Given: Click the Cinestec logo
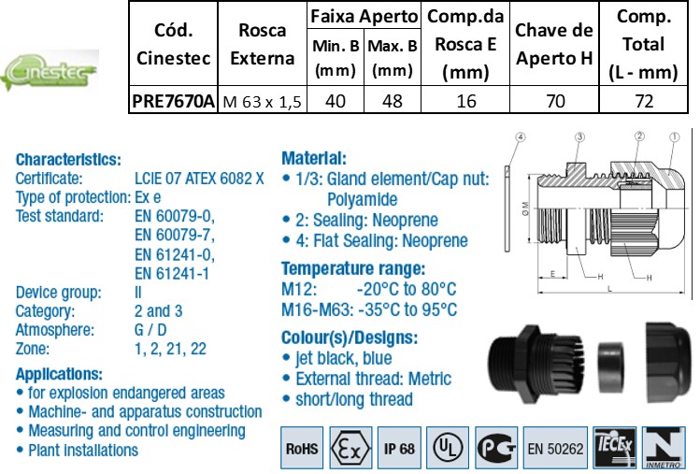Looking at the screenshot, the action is (50, 71).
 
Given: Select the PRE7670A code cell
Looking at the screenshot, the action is (173, 101).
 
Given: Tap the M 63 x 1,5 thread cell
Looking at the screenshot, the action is (262, 102).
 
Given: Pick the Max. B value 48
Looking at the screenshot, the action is (393, 101).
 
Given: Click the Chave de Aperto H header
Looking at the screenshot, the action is (554, 44).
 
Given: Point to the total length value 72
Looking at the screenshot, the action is (644, 101).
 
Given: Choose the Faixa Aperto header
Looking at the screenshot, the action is (364, 17).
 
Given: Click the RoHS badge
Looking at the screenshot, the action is (302, 448).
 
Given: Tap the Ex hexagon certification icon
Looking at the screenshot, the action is (350, 448).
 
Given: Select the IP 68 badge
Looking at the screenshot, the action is (399, 448).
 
